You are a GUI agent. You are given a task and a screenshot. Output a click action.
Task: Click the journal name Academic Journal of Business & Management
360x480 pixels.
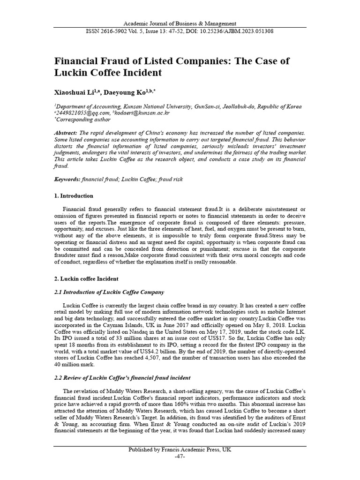tap(180, 23)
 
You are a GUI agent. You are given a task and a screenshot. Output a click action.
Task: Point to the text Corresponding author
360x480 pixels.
tap(80, 120)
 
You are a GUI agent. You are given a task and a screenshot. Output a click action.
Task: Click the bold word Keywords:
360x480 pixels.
tap(67, 179)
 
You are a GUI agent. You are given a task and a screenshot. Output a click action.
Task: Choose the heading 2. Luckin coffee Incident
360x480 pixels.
tap(86, 278)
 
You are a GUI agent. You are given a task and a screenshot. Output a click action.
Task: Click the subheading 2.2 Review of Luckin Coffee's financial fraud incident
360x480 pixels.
tap(122, 378)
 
